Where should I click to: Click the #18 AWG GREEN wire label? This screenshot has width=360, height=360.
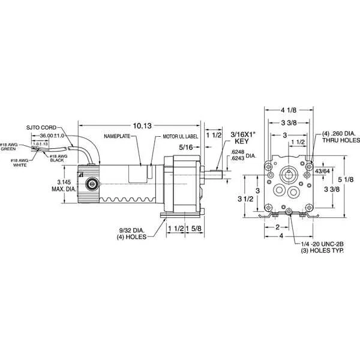(x=16, y=146)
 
